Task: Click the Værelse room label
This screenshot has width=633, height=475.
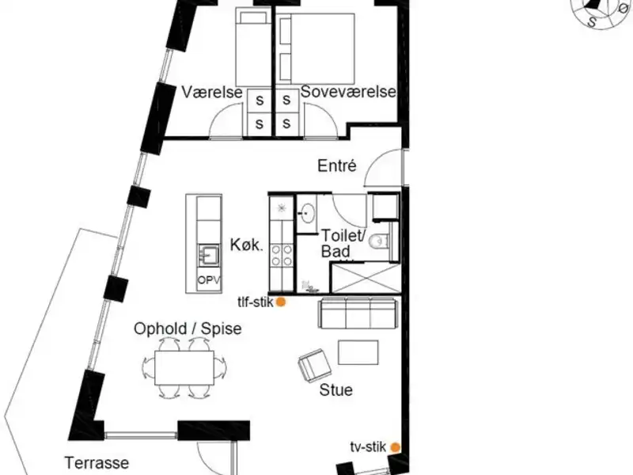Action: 211,93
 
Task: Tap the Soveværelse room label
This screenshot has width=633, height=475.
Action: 347,93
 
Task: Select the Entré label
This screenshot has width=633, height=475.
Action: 338,166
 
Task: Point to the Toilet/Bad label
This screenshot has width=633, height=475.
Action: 342,243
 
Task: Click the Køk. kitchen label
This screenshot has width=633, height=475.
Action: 246,245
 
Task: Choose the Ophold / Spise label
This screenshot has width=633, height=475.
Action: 187,328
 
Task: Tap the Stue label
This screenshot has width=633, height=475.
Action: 335,390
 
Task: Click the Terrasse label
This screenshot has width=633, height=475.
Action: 98,462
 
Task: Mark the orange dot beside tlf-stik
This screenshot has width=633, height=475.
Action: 280,302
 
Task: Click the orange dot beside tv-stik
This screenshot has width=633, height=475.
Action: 395,447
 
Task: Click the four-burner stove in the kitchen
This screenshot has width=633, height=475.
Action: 281,256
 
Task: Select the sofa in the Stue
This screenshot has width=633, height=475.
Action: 358,313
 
